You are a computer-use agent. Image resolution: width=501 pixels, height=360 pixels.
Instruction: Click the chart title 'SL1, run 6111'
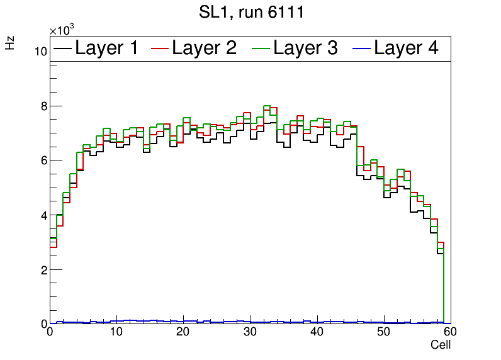(x=250, y=13)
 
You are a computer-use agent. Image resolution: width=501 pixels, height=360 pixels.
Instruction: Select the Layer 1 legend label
(x=106, y=48)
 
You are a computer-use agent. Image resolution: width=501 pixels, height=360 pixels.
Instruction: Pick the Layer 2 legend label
(x=204, y=48)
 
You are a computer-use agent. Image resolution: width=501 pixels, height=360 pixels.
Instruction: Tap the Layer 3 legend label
(x=305, y=48)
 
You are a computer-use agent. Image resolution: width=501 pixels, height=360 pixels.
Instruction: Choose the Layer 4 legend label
(x=406, y=48)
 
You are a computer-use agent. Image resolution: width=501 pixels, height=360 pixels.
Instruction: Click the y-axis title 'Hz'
(x=10, y=43)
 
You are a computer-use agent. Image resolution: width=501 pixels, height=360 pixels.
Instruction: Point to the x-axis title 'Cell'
(x=441, y=345)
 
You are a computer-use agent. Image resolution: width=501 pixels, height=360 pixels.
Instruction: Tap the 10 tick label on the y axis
(x=40, y=52)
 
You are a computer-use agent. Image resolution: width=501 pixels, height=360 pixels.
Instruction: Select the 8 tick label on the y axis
(x=43, y=106)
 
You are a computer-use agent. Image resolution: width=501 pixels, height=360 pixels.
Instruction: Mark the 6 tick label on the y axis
(x=43, y=160)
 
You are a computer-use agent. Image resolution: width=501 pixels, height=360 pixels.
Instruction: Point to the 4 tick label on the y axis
(x=43, y=215)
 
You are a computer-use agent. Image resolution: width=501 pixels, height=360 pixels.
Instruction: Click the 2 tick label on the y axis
(x=43, y=270)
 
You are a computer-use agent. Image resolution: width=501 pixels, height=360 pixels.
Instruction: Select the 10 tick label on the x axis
(x=116, y=332)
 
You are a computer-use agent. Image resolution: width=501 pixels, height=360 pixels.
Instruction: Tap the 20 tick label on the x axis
(x=183, y=332)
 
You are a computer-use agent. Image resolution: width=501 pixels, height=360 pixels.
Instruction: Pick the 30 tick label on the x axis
(x=250, y=332)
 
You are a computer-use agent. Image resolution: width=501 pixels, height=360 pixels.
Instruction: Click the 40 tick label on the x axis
(x=317, y=332)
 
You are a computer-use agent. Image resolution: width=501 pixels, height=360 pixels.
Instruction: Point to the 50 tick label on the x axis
(x=383, y=332)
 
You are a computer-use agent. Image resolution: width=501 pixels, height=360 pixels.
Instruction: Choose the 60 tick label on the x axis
(x=450, y=332)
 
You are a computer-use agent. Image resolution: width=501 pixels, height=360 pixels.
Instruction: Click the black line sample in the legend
(x=62, y=48)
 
